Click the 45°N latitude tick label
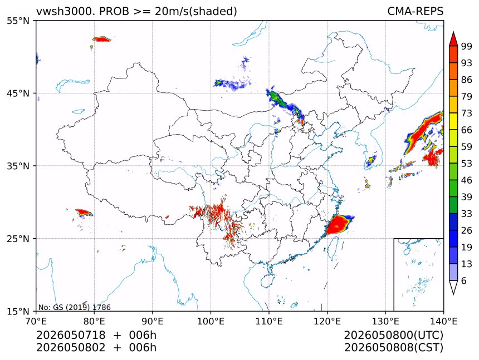click(18, 93)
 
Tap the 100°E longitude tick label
click(211, 321)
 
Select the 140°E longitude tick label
click(443, 321)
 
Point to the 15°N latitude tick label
click(18, 312)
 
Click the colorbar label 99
click(467, 46)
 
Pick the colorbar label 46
click(467, 180)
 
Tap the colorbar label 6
click(464, 280)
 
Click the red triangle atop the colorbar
click(453, 39)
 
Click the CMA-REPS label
click(415, 11)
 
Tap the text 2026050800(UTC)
click(393, 335)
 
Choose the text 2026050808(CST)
click(393, 348)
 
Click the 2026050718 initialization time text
click(71, 335)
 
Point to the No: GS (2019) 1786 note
click(74, 307)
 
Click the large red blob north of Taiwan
click(339, 224)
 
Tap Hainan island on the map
click(268, 280)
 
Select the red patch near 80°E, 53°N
click(101, 39)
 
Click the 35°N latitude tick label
click(18, 166)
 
